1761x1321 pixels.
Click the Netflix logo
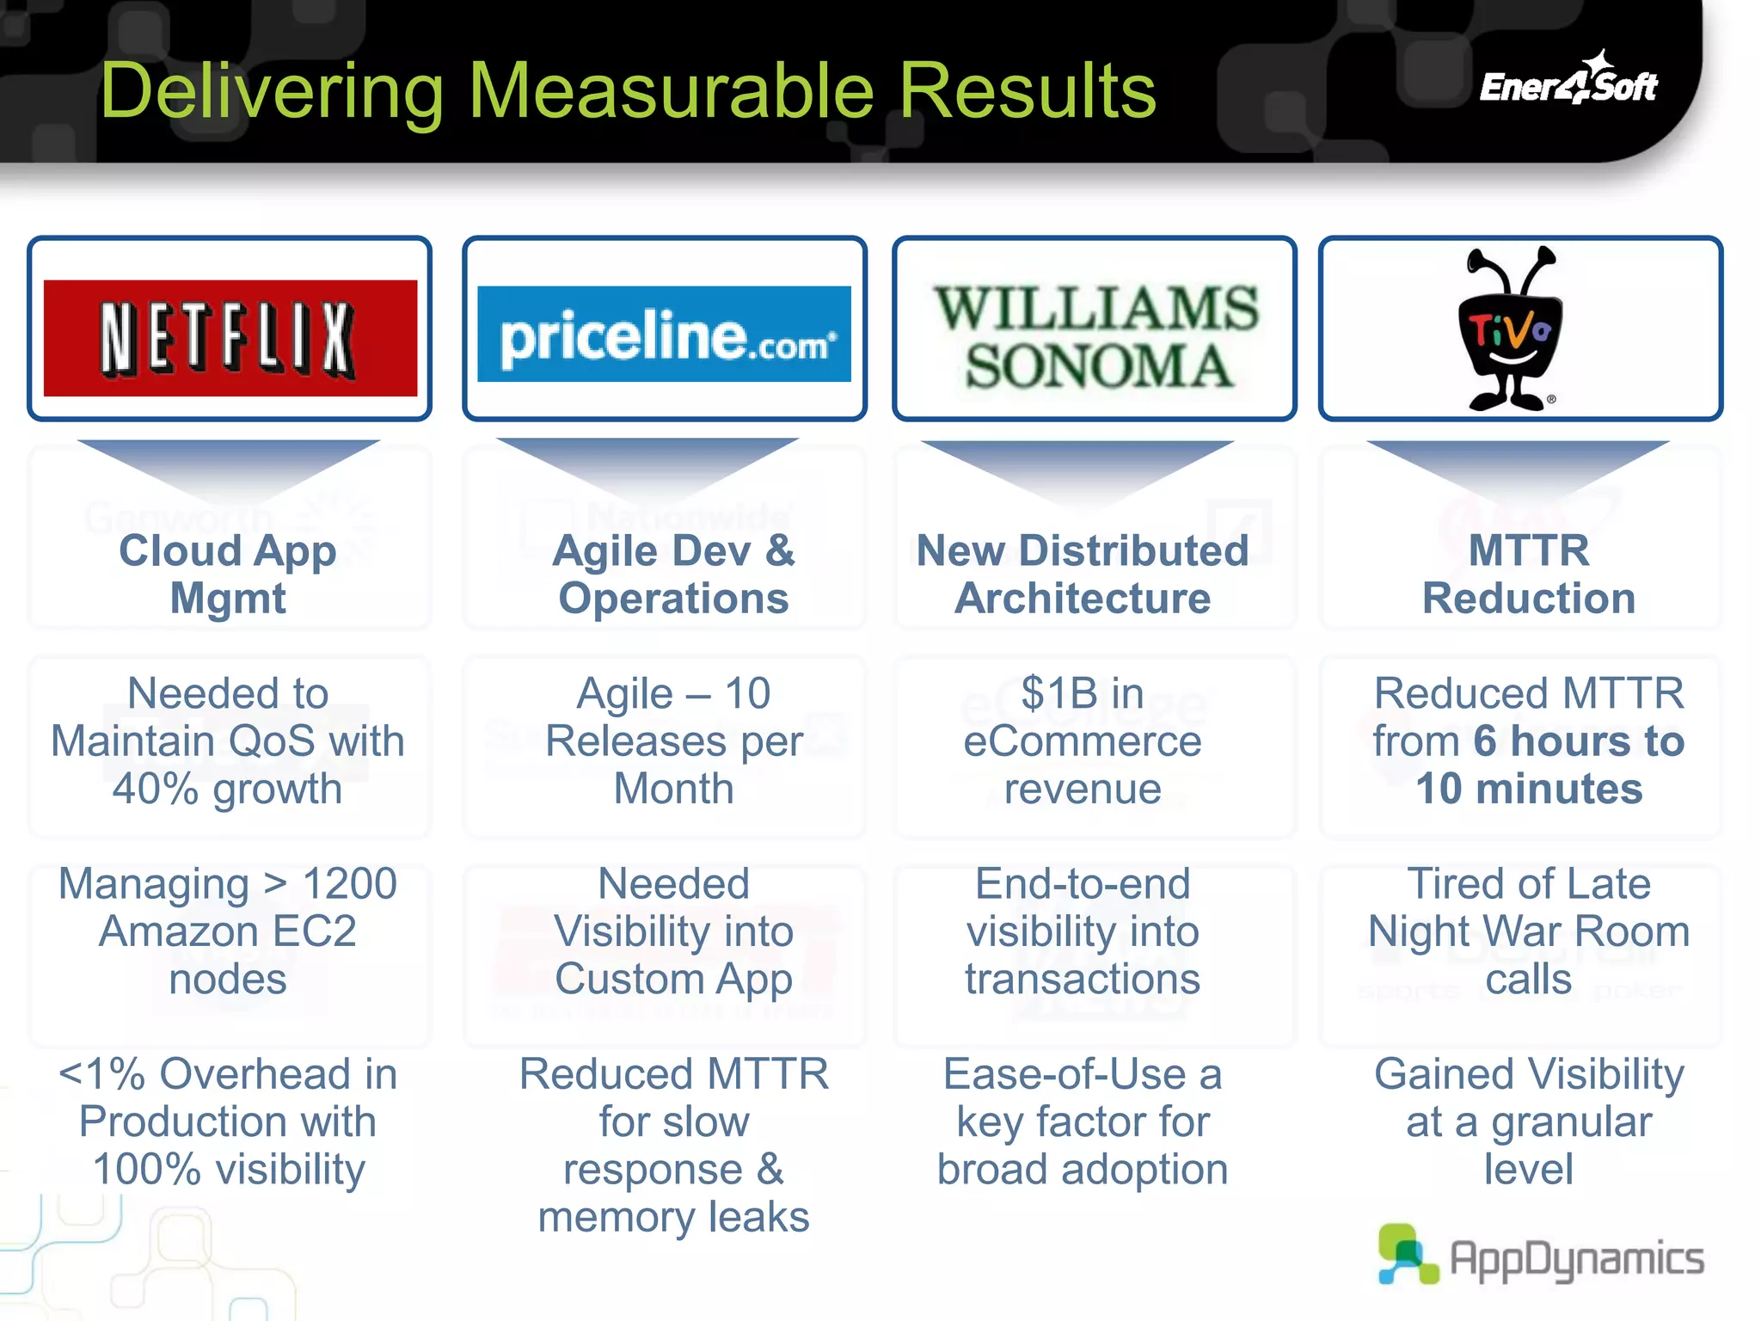(x=230, y=338)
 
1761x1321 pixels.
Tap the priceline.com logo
(x=664, y=335)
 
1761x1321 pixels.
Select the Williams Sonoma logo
(x=1095, y=336)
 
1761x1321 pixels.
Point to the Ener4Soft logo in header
(x=1568, y=83)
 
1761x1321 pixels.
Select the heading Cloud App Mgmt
(x=228, y=574)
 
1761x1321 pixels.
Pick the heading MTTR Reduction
(x=1528, y=574)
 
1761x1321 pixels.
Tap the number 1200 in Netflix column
(x=349, y=884)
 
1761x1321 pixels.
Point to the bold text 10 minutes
(x=1529, y=789)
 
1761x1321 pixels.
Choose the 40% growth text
(x=228, y=789)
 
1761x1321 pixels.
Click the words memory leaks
(x=673, y=1217)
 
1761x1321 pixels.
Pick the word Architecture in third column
(x=1082, y=599)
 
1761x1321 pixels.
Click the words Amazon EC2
(x=228, y=931)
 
